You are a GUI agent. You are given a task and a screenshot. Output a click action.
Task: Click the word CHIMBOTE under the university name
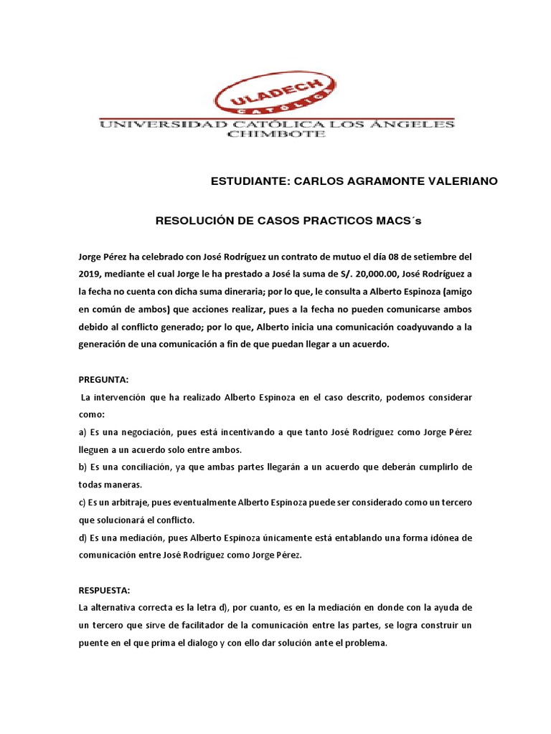pos(276,135)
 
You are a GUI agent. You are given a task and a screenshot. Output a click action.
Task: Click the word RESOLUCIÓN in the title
pos(192,221)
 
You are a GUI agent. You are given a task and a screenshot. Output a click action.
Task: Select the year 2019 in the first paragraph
pos(90,274)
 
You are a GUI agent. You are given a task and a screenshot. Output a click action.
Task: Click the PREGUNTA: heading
pos(103,380)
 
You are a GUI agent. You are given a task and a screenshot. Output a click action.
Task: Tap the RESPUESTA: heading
pos(105,590)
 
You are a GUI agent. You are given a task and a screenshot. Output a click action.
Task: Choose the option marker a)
pos(83,432)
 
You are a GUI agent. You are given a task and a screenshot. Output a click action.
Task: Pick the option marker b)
pos(83,467)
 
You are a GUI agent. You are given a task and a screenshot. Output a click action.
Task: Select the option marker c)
pos(83,502)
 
